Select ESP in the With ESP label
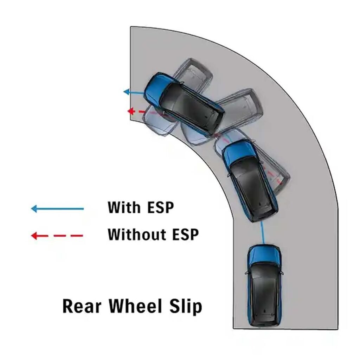point(160,207)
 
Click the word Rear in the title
point(82,306)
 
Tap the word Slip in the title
point(186,307)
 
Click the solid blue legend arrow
point(57,209)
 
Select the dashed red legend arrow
point(57,236)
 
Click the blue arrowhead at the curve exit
point(127,92)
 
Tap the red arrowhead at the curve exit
point(131,111)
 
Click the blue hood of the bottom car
point(264,255)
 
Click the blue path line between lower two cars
point(262,232)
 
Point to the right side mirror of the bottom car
point(282,273)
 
